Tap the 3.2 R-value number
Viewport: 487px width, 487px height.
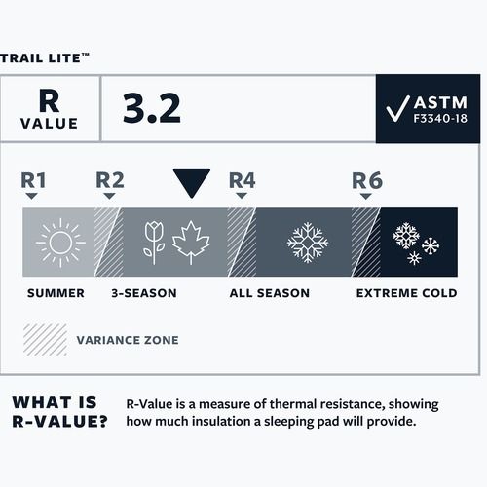(151, 109)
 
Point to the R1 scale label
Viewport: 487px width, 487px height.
(33, 180)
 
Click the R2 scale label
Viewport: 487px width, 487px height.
(109, 180)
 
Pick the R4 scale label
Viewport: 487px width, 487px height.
(241, 180)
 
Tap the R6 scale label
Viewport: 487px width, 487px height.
(365, 180)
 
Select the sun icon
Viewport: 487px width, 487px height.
(59, 242)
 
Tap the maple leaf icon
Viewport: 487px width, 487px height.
(191, 242)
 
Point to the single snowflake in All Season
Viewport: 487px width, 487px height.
(307, 242)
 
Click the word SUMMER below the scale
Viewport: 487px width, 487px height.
(56, 292)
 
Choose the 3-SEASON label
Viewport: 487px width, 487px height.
(143, 292)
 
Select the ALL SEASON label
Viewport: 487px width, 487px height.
(269, 292)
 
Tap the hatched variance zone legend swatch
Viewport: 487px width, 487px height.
(43, 340)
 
